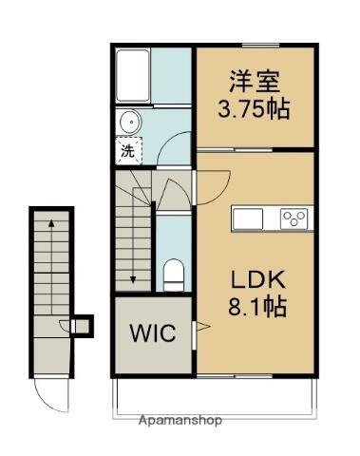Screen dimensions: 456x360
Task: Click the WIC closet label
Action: click(x=151, y=335)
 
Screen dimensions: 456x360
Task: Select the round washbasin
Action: click(x=129, y=122)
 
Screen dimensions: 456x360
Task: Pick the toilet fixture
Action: click(x=173, y=273)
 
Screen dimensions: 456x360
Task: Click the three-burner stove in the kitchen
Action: click(x=294, y=218)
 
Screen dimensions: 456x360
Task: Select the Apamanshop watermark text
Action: click(x=180, y=419)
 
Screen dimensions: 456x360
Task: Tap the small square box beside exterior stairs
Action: click(x=84, y=326)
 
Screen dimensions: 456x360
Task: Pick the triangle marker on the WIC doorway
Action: click(x=200, y=328)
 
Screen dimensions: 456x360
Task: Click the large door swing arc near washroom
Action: click(x=176, y=150)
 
